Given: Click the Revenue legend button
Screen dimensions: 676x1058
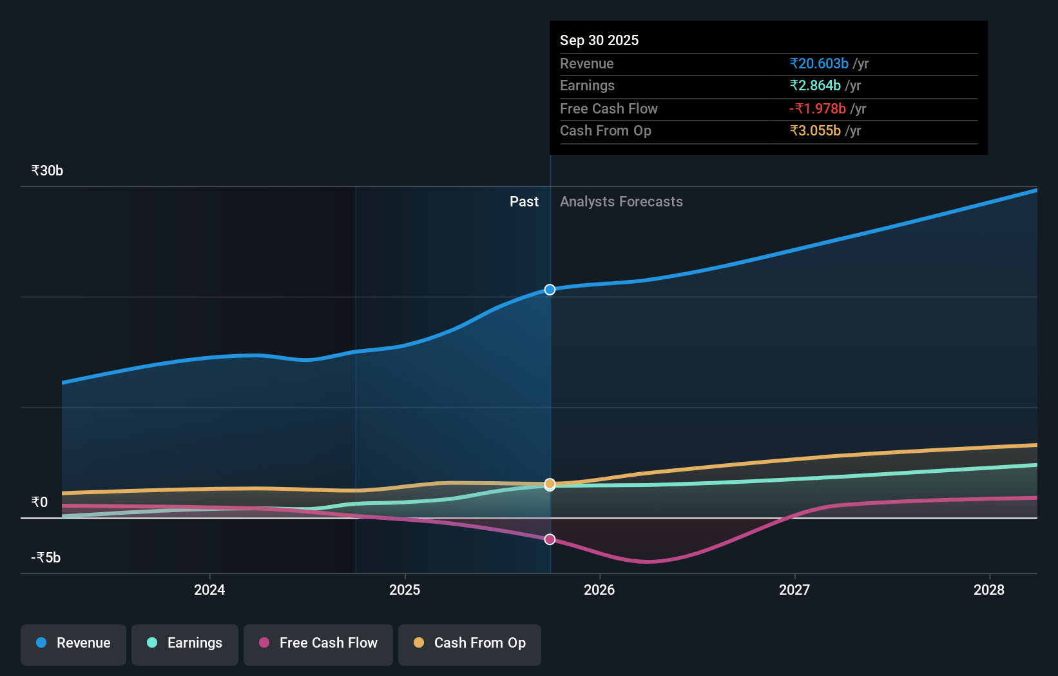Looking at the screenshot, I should (73, 643).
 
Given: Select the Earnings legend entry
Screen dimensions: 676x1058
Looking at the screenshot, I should (185, 643).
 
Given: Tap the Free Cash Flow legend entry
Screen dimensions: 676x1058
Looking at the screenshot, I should (318, 643).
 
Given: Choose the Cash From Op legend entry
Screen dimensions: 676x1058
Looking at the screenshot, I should (470, 643).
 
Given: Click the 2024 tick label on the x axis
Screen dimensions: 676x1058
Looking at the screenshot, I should (209, 590).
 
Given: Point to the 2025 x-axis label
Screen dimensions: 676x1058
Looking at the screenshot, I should (405, 590).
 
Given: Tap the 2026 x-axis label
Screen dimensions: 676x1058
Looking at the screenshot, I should (599, 590).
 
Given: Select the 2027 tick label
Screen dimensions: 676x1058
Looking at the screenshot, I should (794, 590).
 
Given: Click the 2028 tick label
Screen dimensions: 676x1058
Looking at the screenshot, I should (989, 590).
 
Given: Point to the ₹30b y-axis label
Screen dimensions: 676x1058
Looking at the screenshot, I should (47, 171).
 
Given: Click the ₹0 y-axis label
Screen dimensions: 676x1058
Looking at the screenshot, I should (39, 502).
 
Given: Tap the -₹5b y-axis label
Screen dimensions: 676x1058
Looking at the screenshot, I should (46, 558).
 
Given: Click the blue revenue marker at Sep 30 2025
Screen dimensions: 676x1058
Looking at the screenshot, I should (550, 290).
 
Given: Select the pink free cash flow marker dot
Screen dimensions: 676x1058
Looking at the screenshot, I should (550, 539).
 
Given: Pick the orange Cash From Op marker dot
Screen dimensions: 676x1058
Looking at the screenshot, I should (550, 483).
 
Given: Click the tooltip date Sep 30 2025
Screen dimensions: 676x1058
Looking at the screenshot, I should (599, 41).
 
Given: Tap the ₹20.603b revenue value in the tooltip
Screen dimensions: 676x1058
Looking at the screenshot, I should (819, 64).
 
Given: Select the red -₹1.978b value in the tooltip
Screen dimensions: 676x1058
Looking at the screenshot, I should (818, 109).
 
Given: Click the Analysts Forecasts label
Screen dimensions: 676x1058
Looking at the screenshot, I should (621, 202).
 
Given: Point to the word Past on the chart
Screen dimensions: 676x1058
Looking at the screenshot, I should (524, 202).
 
